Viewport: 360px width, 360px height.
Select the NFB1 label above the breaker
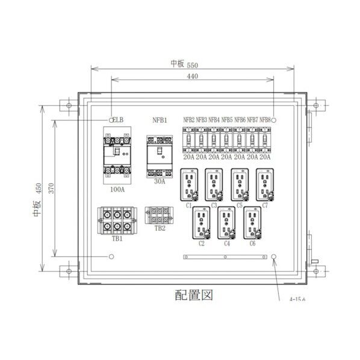coord(160,120)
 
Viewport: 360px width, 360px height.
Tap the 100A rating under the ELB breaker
coord(117,190)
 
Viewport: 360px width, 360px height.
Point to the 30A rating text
coord(160,181)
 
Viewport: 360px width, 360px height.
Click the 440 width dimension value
coord(193,76)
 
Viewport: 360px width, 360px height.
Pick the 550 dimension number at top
coord(193,64)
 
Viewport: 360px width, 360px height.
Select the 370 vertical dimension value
coord(52,188)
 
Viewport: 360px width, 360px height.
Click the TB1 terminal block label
coord(117,239)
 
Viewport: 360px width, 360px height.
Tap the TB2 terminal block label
coord(160,228)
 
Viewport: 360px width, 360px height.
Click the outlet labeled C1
coord(188,184)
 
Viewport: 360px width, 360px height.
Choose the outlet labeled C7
coord(265,184)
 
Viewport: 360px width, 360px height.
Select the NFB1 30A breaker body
coord(160,155)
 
